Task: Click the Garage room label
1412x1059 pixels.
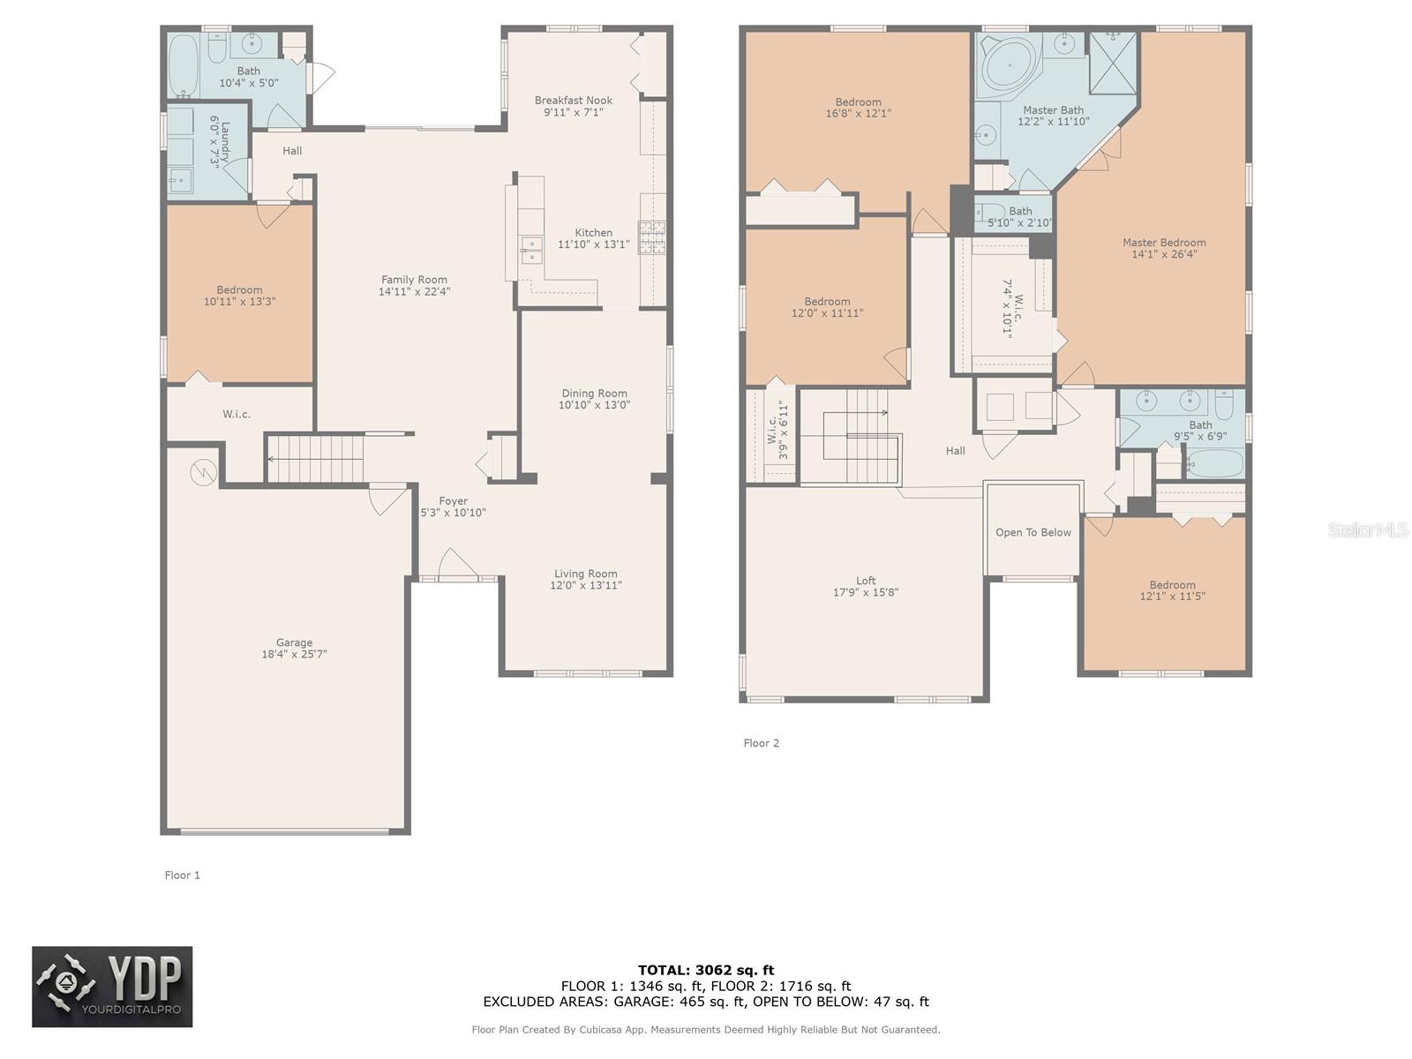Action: tap(294, 642)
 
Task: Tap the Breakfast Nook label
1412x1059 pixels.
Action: tap(573, 101)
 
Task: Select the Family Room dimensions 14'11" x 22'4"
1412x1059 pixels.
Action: tap(414, 292)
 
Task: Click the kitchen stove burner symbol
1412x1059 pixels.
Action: tap(652, 237)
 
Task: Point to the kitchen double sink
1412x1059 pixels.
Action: tap(531, 250)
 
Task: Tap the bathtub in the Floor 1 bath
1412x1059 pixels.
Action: tap(184, 64)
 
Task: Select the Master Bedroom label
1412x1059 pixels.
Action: tap(1163, 243)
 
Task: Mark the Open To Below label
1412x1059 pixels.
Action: tap(1033, 533)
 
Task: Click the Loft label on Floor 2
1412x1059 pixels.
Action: tap(866, 581)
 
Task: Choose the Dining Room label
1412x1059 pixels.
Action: tap(594, 394)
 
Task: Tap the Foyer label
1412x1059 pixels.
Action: tap(453, 501)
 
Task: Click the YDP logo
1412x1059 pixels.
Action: tap(112, 987)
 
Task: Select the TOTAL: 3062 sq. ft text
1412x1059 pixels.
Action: tap(706, 970)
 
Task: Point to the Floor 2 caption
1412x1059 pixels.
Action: tap(761, 743)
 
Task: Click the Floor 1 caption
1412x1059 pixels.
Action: tap(182, 875)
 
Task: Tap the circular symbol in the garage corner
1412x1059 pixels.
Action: tap(203, 474)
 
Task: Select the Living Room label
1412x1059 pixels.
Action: tap(585, 574)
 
